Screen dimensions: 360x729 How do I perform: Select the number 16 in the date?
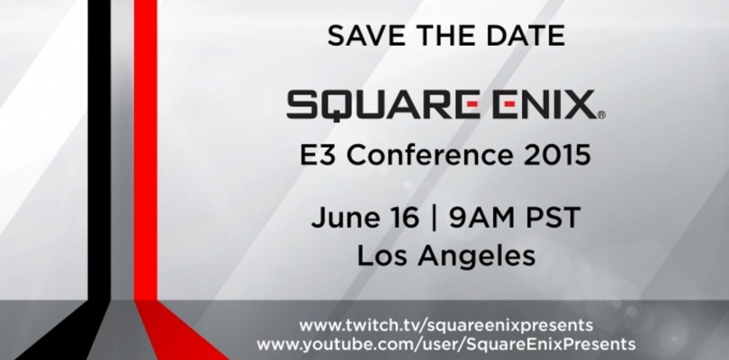[397, 219]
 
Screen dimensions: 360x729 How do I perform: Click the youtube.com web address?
[446, 344]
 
